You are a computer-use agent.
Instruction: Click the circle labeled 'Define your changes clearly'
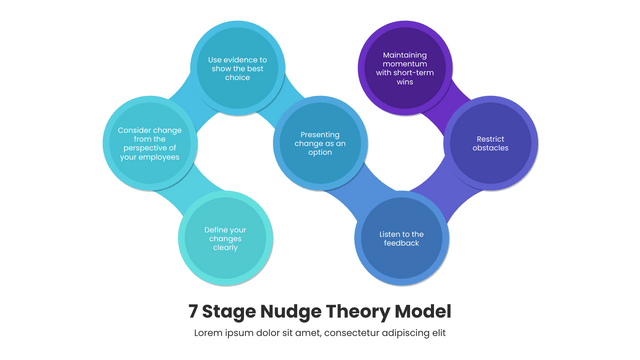pyautogui.click(x=226, y=239)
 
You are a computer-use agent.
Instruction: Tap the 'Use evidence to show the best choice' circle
pyautogui.click(x=236, y=68)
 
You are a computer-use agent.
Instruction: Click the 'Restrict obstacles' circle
pyautogui.click(x=491, y=143)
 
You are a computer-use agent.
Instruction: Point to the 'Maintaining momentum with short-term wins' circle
pyautogui.click(x=405, y=68)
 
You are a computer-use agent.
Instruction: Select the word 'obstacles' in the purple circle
pyautogui.click(x=491, y=148)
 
